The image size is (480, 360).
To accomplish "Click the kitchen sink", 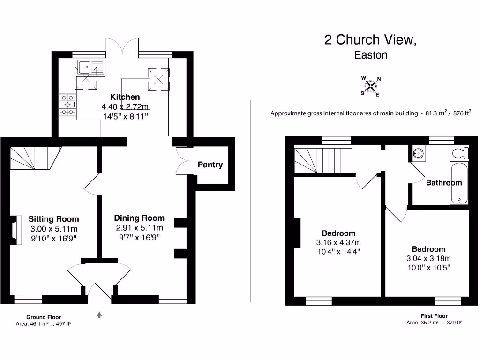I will click(x=89, y=68).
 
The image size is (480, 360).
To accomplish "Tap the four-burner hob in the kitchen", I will click(x=67, y=104).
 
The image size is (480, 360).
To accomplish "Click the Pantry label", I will click(x=210, y=165).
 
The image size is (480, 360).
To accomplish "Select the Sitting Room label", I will click(x=53, y=219).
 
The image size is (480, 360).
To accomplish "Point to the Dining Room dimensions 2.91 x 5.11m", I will click(x=140, y=228).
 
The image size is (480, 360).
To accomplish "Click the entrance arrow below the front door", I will click(x=99, y=315).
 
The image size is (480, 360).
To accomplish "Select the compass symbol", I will click(x=371, y=86).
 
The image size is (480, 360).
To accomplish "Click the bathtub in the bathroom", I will click(x=459, y=183).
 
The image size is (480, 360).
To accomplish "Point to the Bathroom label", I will click(x=443, y=183).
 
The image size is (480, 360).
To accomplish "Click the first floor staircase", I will click(x=323, y=160).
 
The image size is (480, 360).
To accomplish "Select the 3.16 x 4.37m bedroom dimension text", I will click(x=338, y=242).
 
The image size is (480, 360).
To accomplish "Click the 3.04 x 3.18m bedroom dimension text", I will click(x=428, y=258).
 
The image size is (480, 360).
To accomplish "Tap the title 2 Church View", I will click(x=370, y=40).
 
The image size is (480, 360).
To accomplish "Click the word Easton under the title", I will click(x=371, y=55).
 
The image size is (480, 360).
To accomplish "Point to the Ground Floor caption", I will click(x=43, y=317).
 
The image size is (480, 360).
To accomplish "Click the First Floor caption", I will click(x=434, y=316).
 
